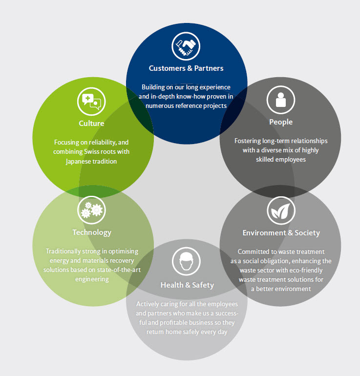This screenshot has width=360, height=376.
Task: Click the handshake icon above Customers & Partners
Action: pyautogui.click(x=186, y=46)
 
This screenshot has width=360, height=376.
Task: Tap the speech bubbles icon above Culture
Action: pyautogui.click(x=91, y=101)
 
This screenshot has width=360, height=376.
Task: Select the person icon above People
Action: pyautogui.click(x=281, y=100)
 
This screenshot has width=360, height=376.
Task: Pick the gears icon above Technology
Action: pyautogui.click(x=91, y=210)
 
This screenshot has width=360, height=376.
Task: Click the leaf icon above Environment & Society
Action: pyautogui.click(x=281, y=210)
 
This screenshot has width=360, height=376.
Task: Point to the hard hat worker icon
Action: pyautogui.click(x=187, y=261)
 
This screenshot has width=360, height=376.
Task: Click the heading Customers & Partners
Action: pyautogui.click(x=186, y=68)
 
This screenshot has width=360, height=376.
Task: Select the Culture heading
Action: pyautogui.click(x=91, y=123)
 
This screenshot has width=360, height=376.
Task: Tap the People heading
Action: pyautogui.click(x=281, y=122)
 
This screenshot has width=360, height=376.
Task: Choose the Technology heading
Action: pyautogui.click(x=92, y=232)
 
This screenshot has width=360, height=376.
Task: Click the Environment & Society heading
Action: pyautogui.click(x=281, y=232)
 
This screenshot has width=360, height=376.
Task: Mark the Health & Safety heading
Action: pyautogui.click(x=187, y=285)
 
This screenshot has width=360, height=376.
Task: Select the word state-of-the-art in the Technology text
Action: pyautogui.click(x=118, y=270)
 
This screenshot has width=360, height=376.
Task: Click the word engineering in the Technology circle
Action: pyautogui.click(x=92, y=279)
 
